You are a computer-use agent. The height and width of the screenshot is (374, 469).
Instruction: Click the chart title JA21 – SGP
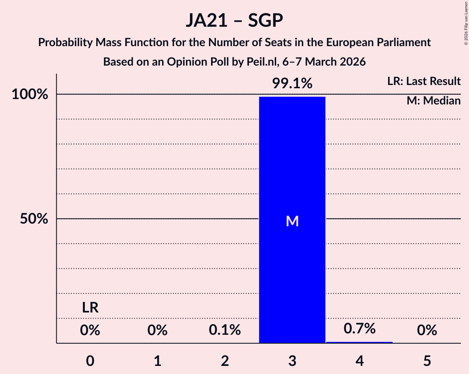234,20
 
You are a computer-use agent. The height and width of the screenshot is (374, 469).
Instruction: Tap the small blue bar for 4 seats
359,342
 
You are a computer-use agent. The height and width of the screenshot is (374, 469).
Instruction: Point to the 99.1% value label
292,84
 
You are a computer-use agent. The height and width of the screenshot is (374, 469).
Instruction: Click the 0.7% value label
359,329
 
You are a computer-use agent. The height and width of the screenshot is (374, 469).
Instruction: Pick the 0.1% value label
225,331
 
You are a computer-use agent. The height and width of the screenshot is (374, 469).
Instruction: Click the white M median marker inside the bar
292,221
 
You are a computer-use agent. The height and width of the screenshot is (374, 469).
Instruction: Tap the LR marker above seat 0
90,308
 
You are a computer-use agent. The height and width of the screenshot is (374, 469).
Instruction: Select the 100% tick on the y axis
30,95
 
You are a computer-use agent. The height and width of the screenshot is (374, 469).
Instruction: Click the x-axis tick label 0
90,361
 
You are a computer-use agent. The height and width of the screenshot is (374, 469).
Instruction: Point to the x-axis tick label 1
158,361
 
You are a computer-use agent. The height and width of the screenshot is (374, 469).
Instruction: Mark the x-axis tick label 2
225,361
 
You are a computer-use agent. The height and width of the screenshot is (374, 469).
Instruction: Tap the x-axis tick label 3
292,361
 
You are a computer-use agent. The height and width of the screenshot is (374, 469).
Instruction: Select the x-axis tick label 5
427,361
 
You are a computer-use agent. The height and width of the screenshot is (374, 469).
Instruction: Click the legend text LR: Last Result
424,81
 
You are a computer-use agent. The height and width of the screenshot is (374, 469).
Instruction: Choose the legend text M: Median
433,101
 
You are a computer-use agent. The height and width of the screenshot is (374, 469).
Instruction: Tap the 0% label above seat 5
427,331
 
